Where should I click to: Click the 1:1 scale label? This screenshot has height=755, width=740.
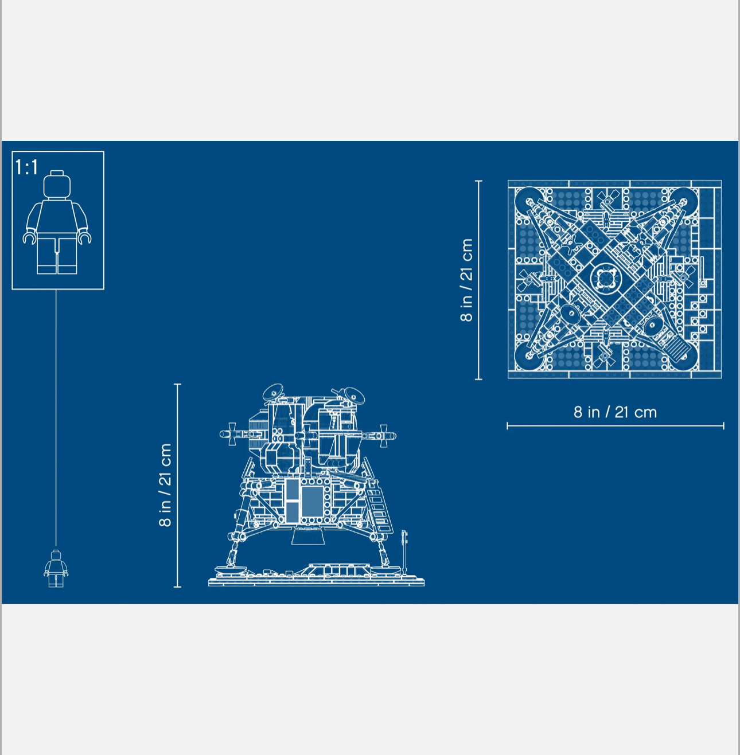pos(26,167)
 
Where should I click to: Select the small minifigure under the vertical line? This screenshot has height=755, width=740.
pos(56,569)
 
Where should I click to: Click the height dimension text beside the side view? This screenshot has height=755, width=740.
pos(165,485)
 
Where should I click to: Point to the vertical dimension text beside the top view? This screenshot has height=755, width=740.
pos(466,280)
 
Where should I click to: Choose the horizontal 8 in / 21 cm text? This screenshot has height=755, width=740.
pos(615,412)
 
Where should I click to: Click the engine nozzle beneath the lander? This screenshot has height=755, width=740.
pos(309,536)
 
